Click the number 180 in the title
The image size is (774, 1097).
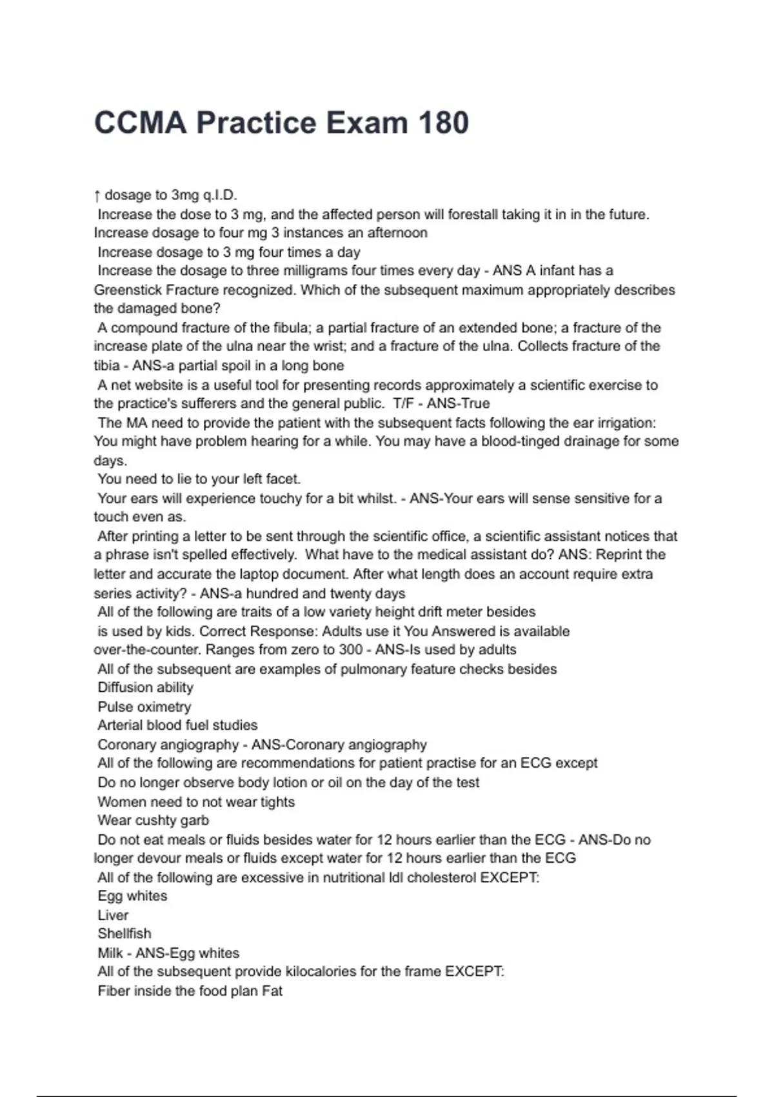point(443,123)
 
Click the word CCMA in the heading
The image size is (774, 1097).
point(140,123)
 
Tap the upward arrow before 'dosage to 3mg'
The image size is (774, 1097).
point(97,195)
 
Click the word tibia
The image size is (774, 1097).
point(106,366)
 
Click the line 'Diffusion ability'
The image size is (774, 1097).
point(145,688)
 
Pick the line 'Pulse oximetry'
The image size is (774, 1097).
point(144,707)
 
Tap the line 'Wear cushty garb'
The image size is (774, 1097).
point(154,821)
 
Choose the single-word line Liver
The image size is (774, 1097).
point(113,916)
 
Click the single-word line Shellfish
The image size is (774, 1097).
point(124,934)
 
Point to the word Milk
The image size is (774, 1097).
point(110,953)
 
